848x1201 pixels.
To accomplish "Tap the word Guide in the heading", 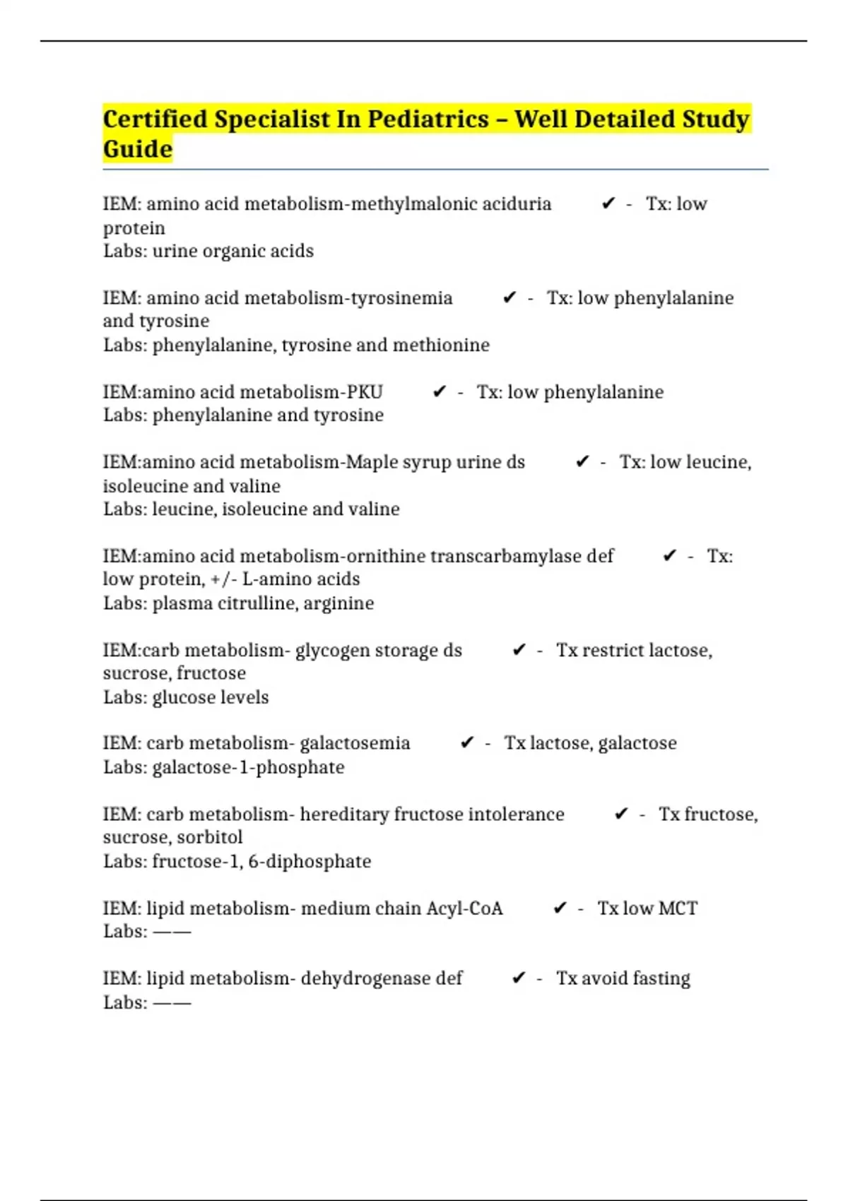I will (138, 149).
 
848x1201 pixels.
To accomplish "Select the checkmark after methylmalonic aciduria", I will (608, 204).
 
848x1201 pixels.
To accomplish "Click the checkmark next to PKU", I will (439, 392).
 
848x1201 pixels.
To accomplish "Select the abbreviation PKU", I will (365, 392).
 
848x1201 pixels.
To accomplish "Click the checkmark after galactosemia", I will (466, 743).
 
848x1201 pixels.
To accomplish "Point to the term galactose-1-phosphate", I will (248, 767).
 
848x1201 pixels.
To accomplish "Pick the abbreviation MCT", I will (678, 909).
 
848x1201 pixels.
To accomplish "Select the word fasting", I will (661, 978).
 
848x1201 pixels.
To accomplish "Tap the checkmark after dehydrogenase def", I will (519, 978).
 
